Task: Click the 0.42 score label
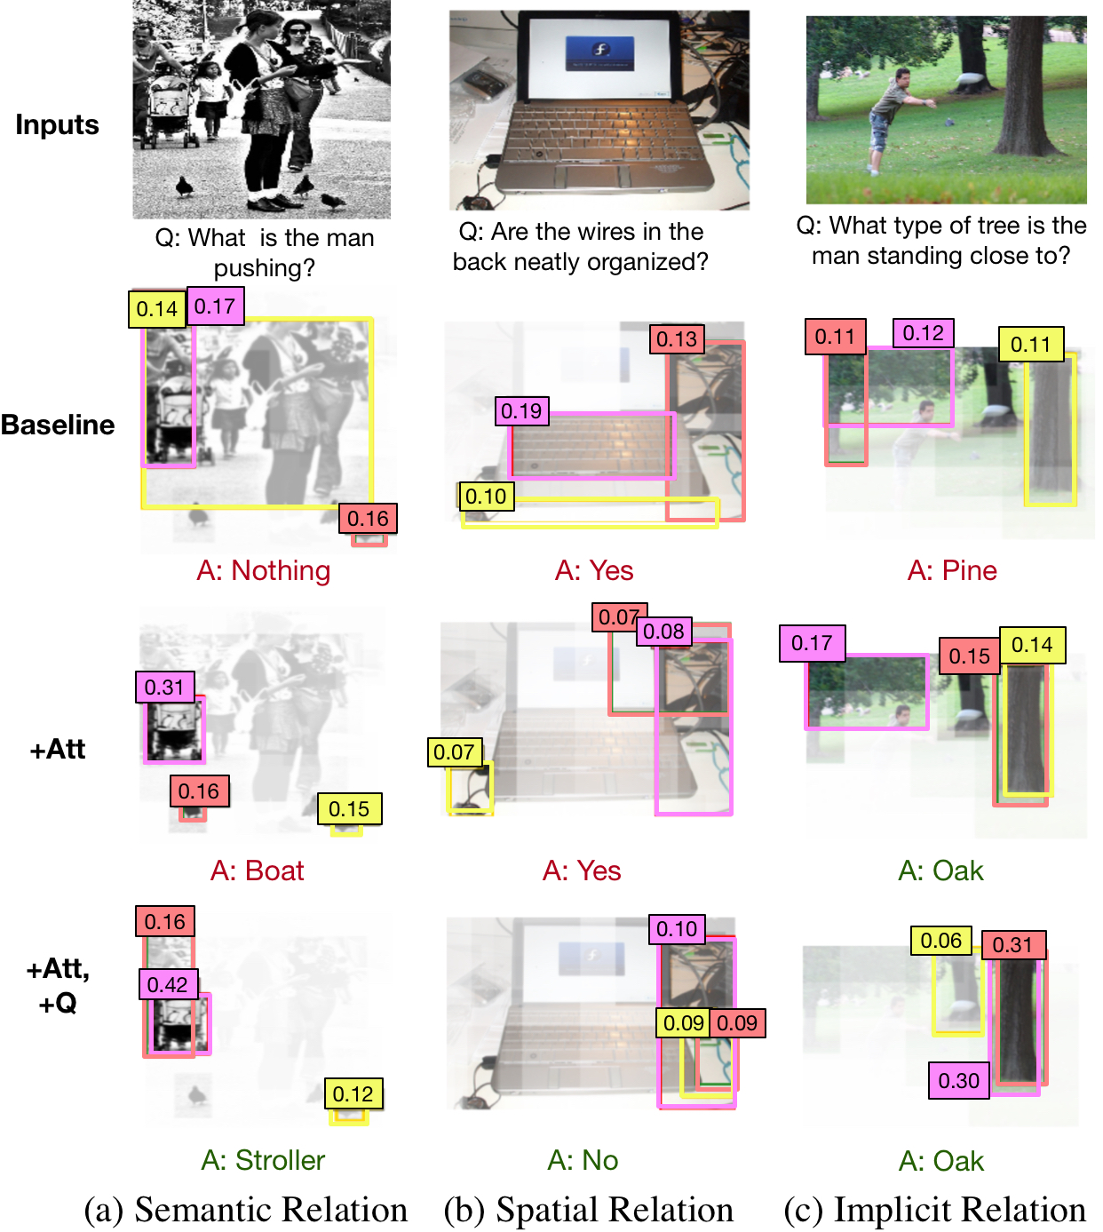coord(169,984)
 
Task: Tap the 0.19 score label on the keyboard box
coord(521,410)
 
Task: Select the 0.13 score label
coord(677,338)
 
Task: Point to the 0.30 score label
coord(958,1080)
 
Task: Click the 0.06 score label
coord(940,941)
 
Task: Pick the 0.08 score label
coord(663,632)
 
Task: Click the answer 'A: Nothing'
coord(263,570)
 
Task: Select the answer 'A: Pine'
coord(952,570)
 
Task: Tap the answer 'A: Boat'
coord(257,870)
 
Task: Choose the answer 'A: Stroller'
coord(263,1160)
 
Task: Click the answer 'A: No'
coord(583,1160)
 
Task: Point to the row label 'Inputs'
coord(57,124)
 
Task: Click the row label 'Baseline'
coord(58,425)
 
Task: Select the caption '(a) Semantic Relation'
coord(246,1209)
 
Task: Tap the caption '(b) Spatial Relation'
coord(589,1209)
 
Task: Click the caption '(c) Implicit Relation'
coord(934,1209)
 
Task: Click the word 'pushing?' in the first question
coord(265,268)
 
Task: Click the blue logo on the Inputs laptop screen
coord(599,53)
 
